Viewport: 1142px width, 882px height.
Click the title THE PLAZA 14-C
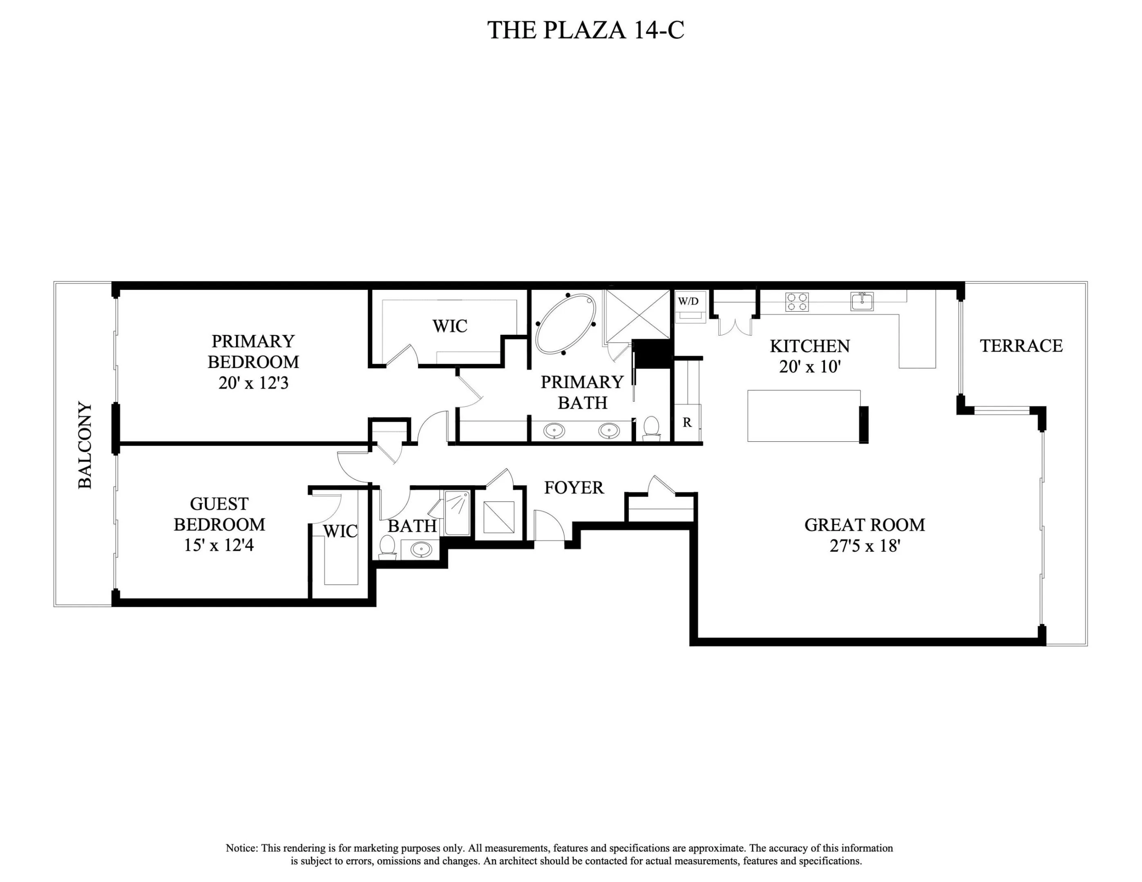586,30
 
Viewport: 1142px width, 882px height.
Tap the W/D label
688,301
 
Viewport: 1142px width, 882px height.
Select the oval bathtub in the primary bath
565,324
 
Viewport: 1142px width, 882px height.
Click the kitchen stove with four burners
797,301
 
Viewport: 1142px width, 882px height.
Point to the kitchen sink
862,301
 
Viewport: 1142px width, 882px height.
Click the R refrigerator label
687,422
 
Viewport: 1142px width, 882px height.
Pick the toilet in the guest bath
387,546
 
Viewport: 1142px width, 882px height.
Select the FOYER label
574,488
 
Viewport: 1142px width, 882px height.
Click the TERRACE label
1021,346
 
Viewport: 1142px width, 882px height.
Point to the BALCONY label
85,445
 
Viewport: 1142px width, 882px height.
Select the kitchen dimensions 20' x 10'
809,367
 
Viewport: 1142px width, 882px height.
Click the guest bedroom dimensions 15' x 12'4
219,545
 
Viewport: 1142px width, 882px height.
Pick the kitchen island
804,416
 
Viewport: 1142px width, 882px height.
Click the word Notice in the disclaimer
241,848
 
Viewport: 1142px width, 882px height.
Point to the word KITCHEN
809,346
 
